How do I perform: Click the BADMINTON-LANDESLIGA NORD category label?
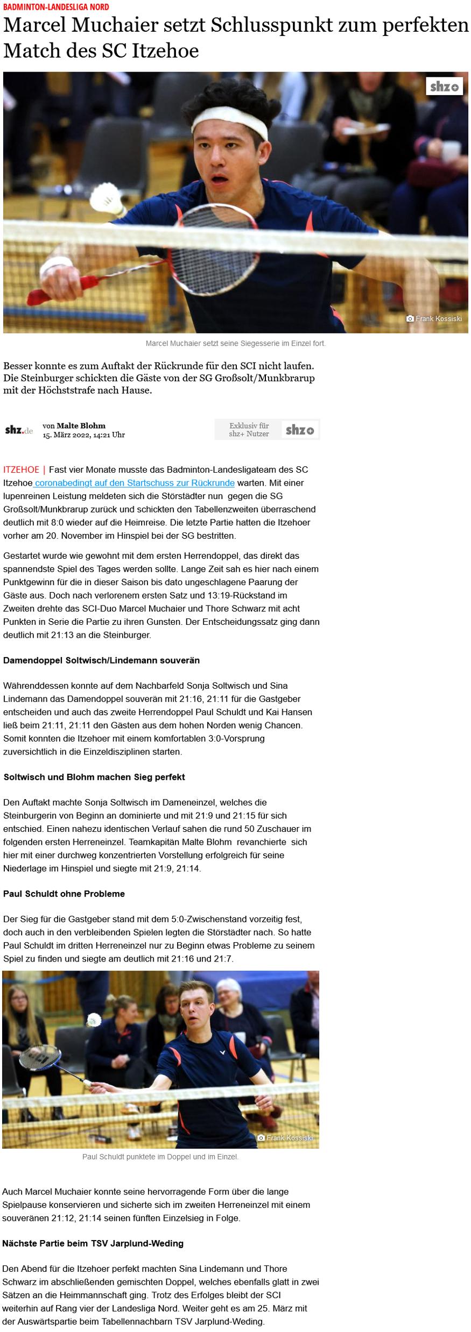coord(56,7)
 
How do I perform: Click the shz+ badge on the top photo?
coord(444,87)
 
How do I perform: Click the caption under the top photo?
coord(235,343)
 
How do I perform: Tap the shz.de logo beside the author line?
coord(19,430)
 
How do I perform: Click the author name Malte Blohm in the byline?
coord(81,425)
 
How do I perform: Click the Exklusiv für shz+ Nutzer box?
coord(267,430)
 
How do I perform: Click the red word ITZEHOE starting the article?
coord(21,469)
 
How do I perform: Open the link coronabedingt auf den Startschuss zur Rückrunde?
coord(135,483)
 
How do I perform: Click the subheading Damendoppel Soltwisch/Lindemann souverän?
coord(101,660)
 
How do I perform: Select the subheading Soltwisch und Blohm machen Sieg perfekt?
coord(94,777)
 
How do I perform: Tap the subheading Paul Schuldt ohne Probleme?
coord(64,893)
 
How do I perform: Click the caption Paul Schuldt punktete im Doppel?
coord(160,1156)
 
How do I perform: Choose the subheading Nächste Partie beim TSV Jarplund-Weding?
coord(93,1243)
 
